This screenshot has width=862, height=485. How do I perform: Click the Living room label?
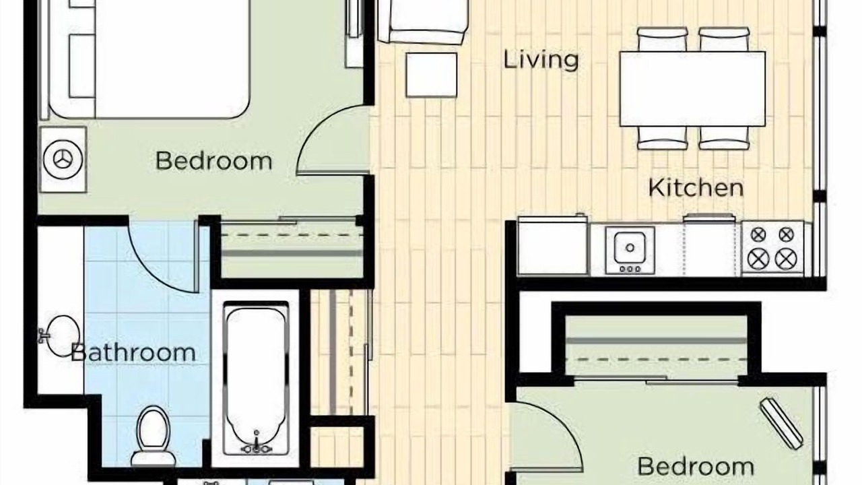point(541,61)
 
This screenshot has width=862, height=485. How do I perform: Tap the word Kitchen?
point(696,188)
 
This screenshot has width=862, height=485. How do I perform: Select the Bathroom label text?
point(133,352)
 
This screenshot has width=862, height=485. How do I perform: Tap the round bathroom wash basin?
point(61,336)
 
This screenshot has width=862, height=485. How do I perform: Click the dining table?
point(692,89)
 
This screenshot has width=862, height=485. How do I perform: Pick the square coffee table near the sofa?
point(432,75)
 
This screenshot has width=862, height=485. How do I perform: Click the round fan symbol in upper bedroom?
point(63,160)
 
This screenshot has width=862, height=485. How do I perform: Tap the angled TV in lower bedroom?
point(781,423)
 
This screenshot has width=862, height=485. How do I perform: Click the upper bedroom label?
point(214,161)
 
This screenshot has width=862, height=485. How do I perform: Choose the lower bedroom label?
point(696,466)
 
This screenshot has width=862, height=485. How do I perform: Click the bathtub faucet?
point(256,445)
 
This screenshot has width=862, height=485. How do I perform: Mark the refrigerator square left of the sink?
point(553,245)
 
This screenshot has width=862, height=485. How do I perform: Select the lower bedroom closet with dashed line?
point(656,346)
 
